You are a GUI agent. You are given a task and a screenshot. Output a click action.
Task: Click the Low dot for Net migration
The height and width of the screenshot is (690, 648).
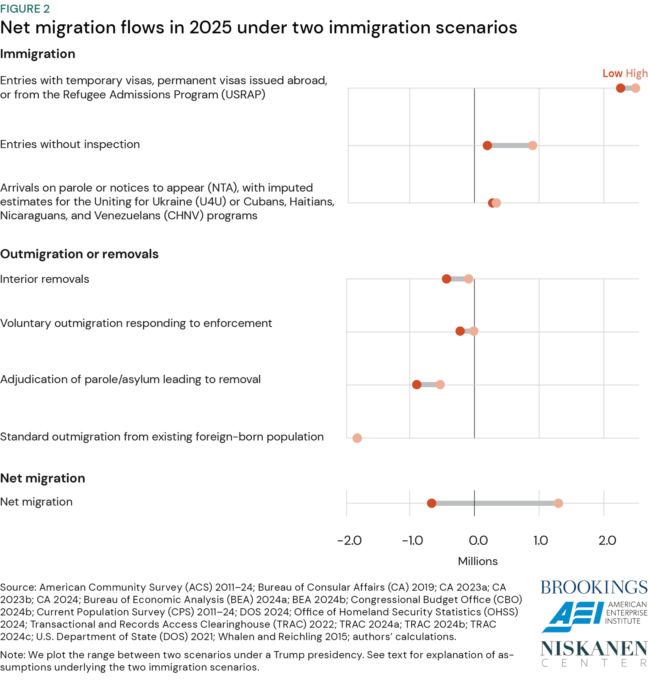click(431, 503)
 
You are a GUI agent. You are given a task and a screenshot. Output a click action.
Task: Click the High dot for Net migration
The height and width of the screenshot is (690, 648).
click(558, 503)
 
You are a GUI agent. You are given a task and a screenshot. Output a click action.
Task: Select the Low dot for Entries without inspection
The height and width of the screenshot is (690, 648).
click(487, 145)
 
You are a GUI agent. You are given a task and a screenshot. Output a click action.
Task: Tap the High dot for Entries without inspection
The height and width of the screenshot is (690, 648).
click(532, 145)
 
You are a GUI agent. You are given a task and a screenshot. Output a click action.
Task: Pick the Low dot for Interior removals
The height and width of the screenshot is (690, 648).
click(446, 279)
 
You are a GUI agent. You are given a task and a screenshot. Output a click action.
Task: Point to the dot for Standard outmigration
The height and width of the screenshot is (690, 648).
click(357, 438)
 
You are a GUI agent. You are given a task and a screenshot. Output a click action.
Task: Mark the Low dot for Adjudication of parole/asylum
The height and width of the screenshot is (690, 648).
click(417, 385)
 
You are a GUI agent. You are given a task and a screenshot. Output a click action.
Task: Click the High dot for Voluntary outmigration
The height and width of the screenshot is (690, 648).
click(474, 331)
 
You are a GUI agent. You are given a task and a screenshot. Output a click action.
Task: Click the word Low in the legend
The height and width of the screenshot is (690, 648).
click(612, 73)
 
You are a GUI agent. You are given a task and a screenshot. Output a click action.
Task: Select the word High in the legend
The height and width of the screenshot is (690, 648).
click(636, 73)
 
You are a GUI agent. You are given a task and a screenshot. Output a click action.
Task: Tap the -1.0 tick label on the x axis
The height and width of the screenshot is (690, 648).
click(412, 540)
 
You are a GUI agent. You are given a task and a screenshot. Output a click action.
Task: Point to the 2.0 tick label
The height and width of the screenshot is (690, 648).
click(607, 540)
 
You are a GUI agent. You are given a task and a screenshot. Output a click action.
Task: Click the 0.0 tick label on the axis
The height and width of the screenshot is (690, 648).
click(478, 540)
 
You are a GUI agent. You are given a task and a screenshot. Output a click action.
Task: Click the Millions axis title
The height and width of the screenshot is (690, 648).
click(478, 561)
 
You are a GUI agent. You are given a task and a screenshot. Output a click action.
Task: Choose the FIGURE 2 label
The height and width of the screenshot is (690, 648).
click(25, 8)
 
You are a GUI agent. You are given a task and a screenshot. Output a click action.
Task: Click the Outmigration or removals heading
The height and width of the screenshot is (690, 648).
click(79, 254)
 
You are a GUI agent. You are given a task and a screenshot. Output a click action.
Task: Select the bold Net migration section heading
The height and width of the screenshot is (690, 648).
click(42, 478)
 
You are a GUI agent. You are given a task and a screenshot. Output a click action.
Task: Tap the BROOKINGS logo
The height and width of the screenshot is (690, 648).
click(594, 587)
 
